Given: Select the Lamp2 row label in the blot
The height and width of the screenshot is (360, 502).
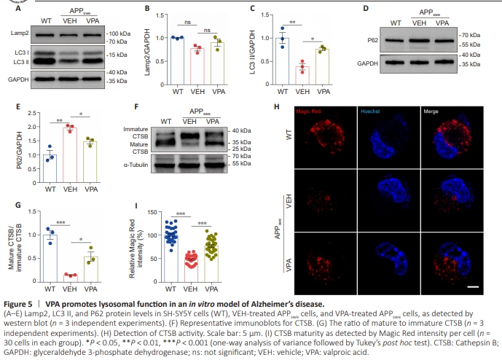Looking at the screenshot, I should click(x=20, y=34).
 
